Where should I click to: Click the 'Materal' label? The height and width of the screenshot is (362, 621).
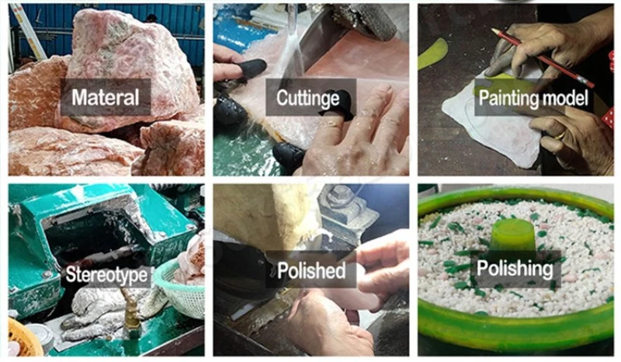tap(106, 97)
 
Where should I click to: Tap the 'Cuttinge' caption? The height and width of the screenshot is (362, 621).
tap(307, 98)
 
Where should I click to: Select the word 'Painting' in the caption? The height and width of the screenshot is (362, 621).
tap(504, 99)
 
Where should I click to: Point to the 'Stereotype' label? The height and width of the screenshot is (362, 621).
tap(106, 274)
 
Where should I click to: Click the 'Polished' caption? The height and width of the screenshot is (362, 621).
tap(311, 270)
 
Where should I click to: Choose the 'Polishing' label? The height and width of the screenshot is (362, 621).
tap(515, 269)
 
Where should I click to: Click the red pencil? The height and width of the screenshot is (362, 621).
tap(543, 58)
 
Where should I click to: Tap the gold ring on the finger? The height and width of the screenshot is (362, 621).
tap(560, 136)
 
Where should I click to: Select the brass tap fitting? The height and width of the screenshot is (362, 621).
tap(130, 314)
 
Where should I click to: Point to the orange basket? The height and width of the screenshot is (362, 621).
tap(23, 337)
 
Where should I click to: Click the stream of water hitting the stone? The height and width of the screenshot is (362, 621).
tap(292, 43)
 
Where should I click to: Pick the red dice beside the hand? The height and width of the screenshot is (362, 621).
tap(608, 118)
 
